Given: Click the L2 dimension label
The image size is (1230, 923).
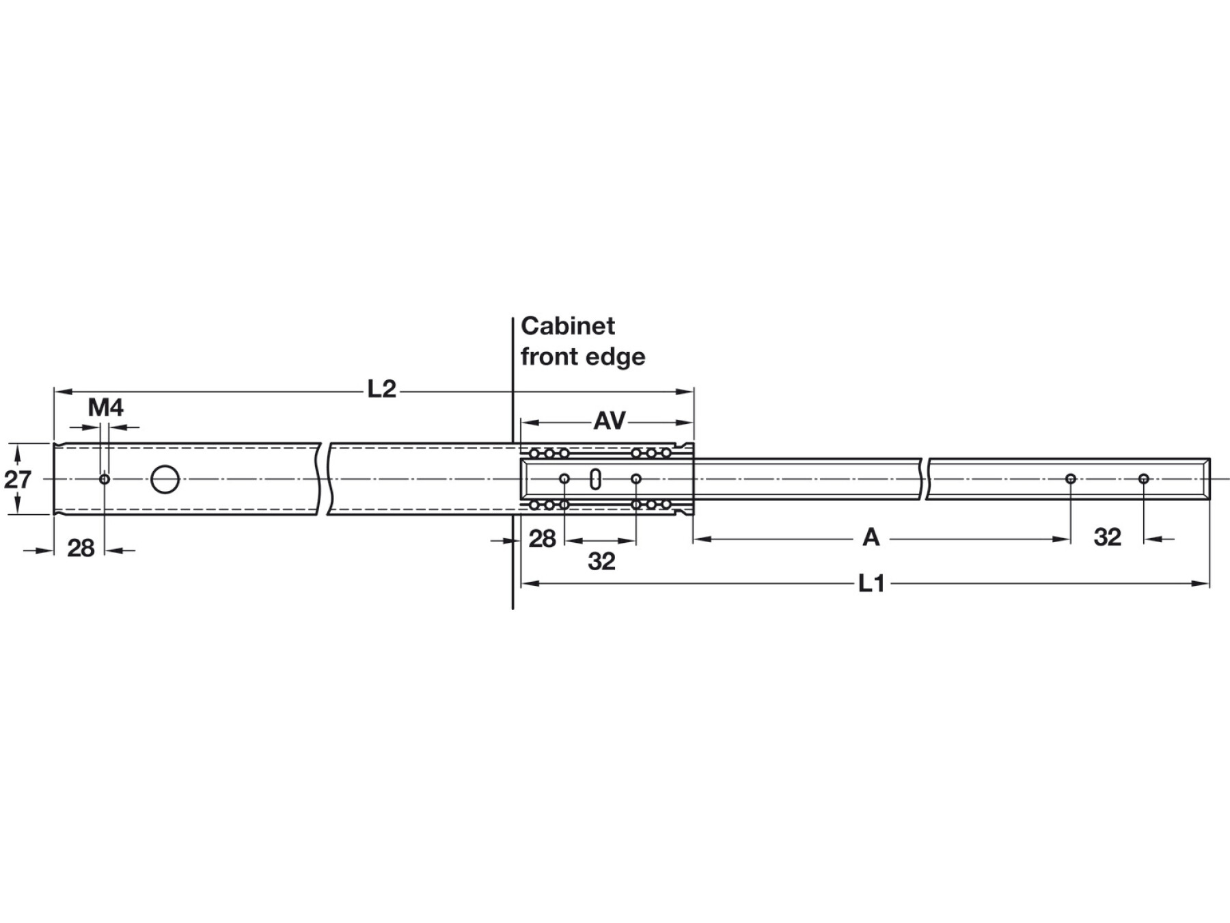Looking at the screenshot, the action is (382, 390).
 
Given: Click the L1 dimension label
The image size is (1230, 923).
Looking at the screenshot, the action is (871, 584).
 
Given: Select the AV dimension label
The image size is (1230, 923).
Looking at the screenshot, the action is (610, 420).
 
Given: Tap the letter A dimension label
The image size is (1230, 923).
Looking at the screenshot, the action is (871, 538).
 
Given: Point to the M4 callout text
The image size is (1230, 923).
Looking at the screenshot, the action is (106, 408).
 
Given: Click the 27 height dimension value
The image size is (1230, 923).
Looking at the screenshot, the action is (18, 479).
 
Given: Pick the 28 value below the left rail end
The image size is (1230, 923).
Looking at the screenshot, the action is (81, 548).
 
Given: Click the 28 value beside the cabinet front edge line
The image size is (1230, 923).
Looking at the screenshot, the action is (543, 539).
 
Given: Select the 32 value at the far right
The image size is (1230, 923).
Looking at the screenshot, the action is (1108, 537).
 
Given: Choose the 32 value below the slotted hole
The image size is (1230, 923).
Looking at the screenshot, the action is (602, 561).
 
